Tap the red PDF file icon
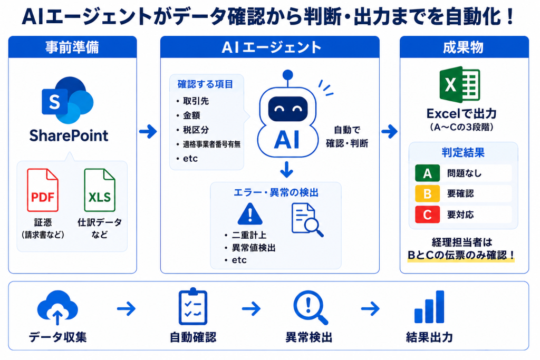[x=43, y=190]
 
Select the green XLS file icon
[x=100, y=190]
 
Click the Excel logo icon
[x=460, y=84]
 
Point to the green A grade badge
[x=427, y=173]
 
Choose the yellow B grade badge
[x=427, y=194]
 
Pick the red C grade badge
[x=427, y=215]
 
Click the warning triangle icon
[x=250, y=214]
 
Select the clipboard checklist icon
[x=193, y=306]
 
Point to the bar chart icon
[x=429, y=307]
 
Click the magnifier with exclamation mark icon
[x=310, y=307]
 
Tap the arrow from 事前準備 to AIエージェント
[x=148, y=131]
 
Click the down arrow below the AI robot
[x=286, y=169]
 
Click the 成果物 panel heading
[x=464, y=47]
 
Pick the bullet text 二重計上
[x=249, y=235]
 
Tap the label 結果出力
[x=429, y=337]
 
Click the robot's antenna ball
[x=287, y=75]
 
